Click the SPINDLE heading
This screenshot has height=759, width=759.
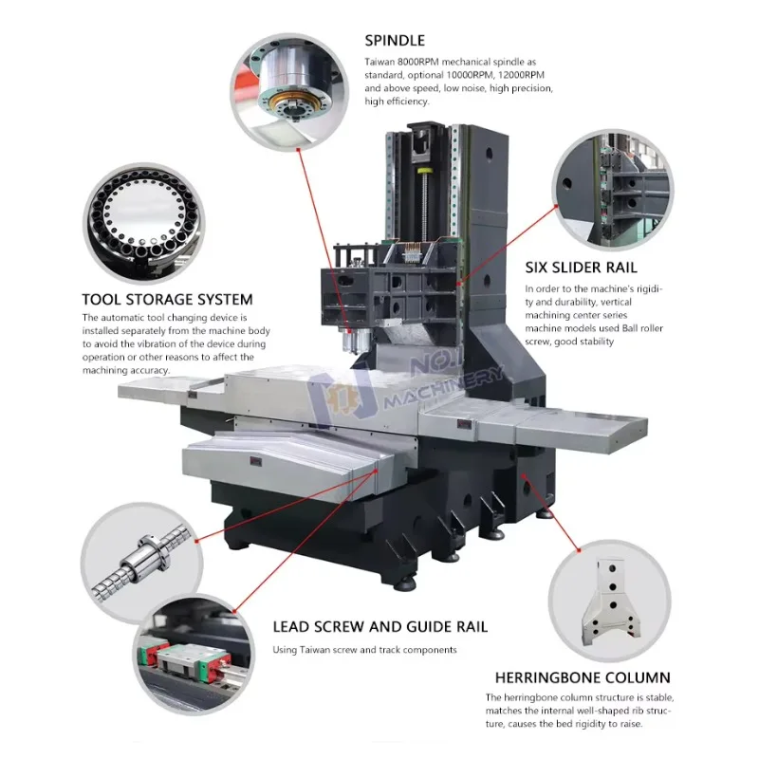pyautogui.click(x=395, y=41)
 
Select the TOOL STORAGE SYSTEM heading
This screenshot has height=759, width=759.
pyautogui.click(x=167, y=300)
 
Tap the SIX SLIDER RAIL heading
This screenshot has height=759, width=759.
pyautogui.click(x=581, y=268)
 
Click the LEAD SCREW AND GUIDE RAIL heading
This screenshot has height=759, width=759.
pyautogui.click(x=379, y=627)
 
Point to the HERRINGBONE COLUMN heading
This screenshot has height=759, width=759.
pyautogui.click(x=583, y=678)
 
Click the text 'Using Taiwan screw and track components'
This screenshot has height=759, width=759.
pyautogui.click(x=364, y=650)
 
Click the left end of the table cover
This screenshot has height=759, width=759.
pyautogui.click(x=152, y=390)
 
